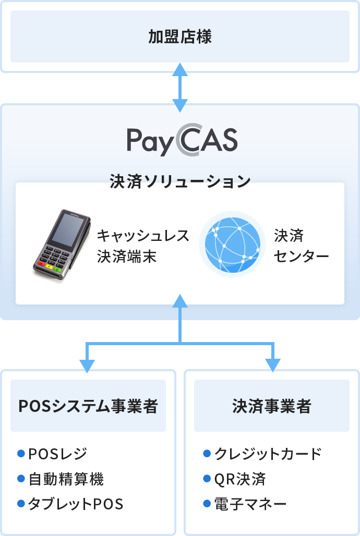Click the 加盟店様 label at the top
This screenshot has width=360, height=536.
point(180,36)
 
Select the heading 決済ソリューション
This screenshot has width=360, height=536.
point(181,181)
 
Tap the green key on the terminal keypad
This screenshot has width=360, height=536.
point(57,270)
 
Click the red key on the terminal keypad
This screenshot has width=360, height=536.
point(42,263)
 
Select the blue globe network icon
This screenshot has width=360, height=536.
point(232,245)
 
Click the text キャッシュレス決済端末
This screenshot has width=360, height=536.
point(143,246)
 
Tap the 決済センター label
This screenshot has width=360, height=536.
point(301,246)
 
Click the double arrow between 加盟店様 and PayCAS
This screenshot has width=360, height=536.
point(180,88)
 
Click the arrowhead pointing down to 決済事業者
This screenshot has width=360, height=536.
point(273,366)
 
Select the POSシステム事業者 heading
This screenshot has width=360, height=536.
point(88,406)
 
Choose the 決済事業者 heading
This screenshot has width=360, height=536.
point(272,406)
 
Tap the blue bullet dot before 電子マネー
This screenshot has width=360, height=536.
point(207,504)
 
